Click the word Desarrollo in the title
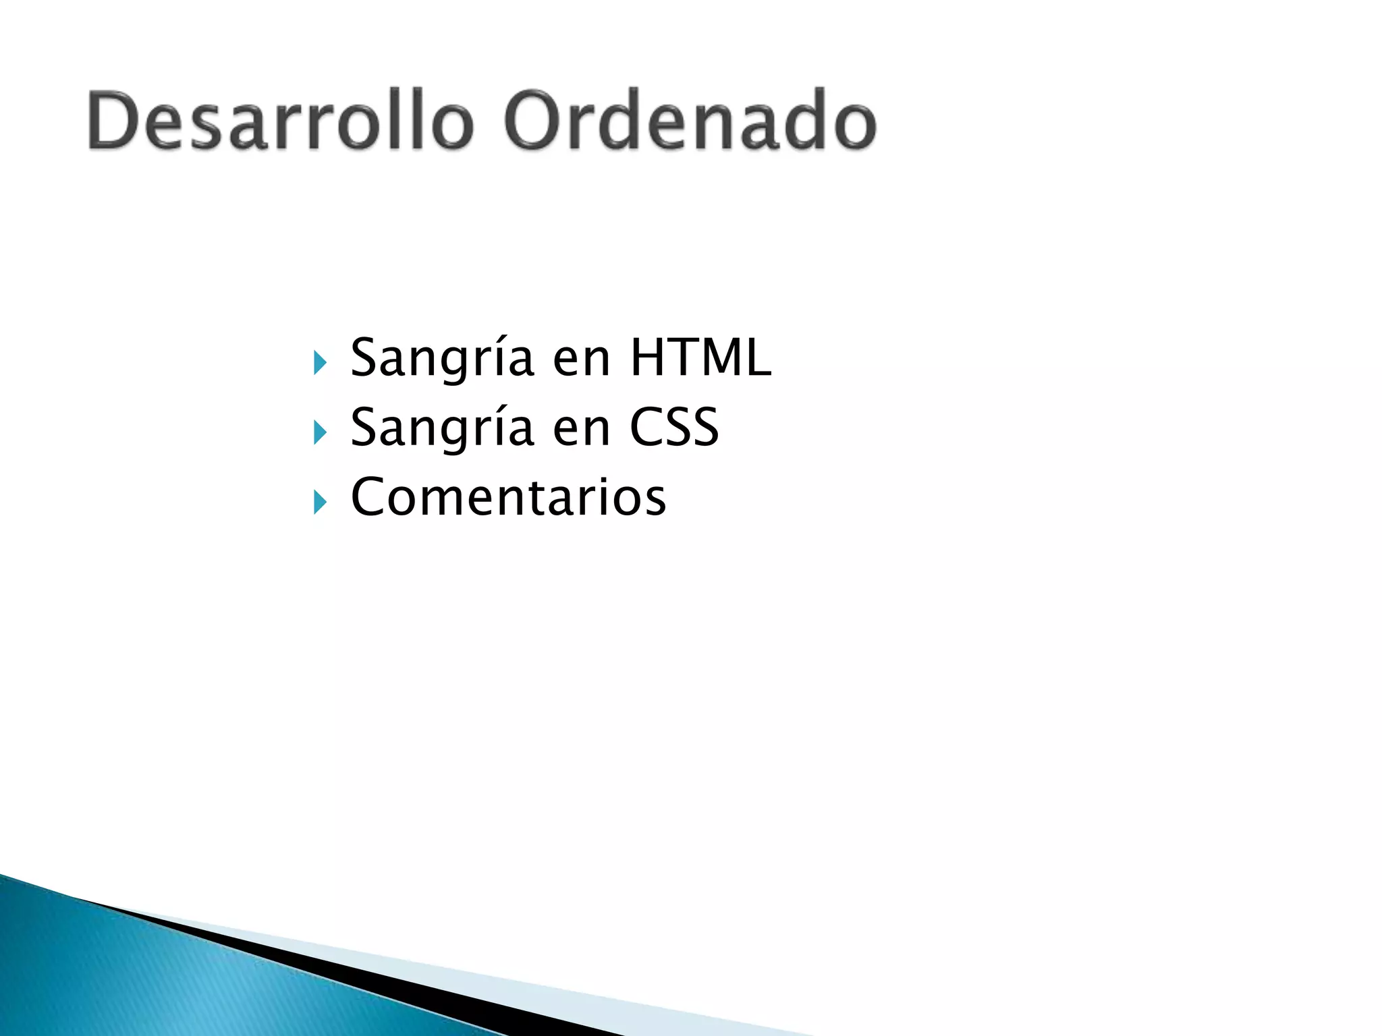pos(280,121)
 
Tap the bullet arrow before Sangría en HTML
pos(320,364)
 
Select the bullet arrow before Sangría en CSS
pos(320,433)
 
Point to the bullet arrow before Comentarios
pos(320,502)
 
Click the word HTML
pos(700,357)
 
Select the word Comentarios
pos(508,497)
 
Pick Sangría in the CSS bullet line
pos(442,428)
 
